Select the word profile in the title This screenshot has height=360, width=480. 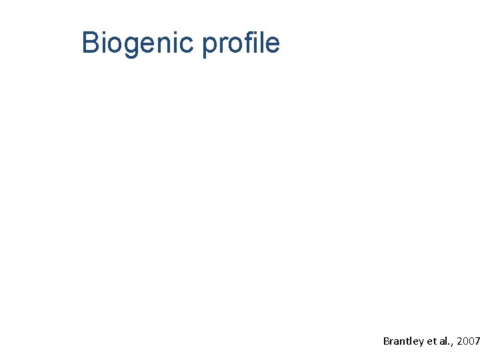[x=241, y=43]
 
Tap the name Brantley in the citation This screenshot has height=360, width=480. [x=403, y=341]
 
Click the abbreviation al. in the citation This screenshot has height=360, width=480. [x=444, y=341]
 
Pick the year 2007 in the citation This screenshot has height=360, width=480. [x=469, y=341]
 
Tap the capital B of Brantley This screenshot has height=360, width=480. [x=387, y=341]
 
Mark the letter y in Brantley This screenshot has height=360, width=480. [x=421, y=342]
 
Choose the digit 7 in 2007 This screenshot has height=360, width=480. [x=477, y=341]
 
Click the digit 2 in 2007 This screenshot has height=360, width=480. [x=460, y=341]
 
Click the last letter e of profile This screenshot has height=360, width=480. [x=273, y=45]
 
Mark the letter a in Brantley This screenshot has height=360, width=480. [x=397, y=341]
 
